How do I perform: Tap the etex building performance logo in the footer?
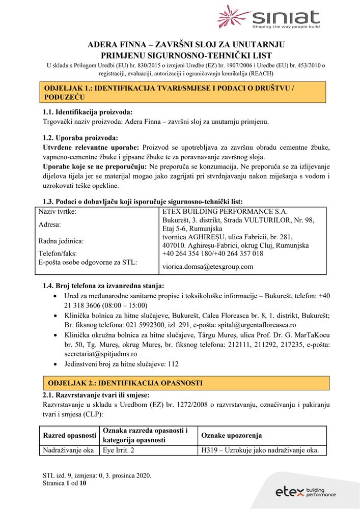point(306,492)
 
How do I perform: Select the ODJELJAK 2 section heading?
point(125,383)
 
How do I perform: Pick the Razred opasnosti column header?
point(69,436)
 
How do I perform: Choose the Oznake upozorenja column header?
point(231,436)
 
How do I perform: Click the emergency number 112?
point(173,364)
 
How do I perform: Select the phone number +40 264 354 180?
point(186,253)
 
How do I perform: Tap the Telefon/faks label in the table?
point(58,253)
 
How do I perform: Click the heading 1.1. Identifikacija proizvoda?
point(88,112)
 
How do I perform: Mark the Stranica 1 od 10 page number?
point(65,484)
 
